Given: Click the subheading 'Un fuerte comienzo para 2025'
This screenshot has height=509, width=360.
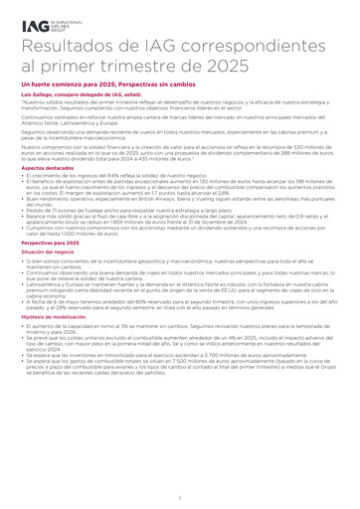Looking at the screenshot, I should [x=67, y=87].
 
